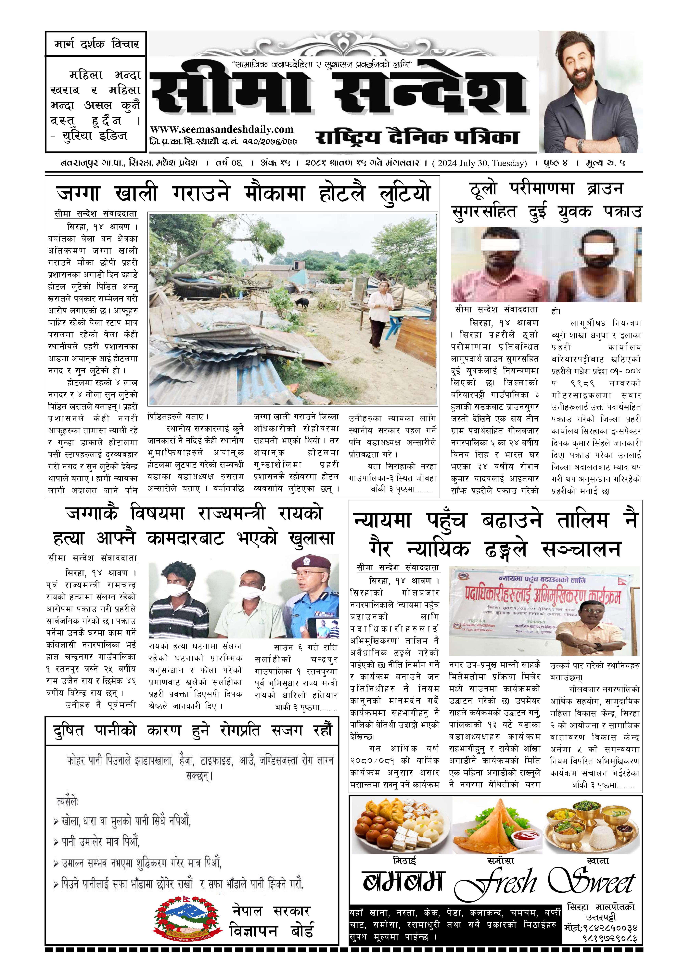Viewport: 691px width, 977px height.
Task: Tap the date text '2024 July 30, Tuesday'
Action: (480, 163)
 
